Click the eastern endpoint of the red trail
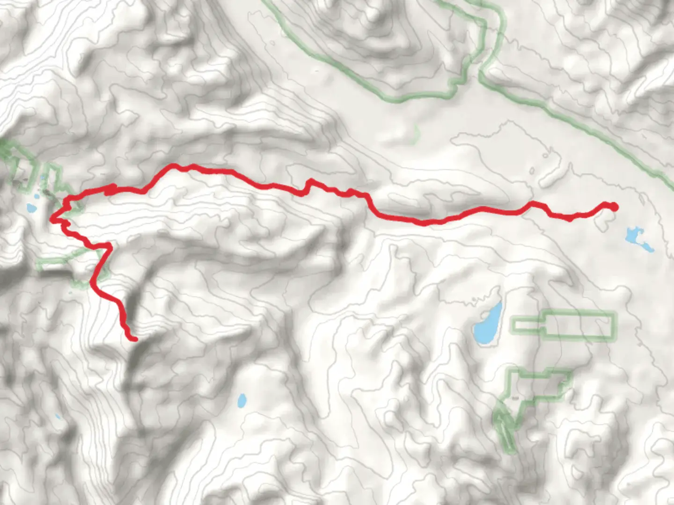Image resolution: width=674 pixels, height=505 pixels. click(x=614, y=207)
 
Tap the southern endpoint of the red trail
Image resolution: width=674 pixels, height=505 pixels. click(x=134, y=339)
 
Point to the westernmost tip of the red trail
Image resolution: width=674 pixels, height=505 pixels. click(x=51, y=218)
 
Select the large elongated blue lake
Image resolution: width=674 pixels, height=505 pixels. click(x=487, y=324)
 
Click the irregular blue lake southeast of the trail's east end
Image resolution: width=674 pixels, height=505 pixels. click(x=637, y=239)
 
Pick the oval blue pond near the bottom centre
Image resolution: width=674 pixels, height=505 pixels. click(x=242, y=400)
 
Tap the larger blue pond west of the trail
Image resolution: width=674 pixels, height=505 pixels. click(x=32, y=208)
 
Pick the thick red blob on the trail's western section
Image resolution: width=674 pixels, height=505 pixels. click(x=110, y=189)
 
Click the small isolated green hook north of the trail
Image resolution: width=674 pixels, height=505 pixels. click(x=416, y=133)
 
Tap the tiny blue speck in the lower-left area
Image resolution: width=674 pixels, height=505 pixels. click(x=58, y=416)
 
